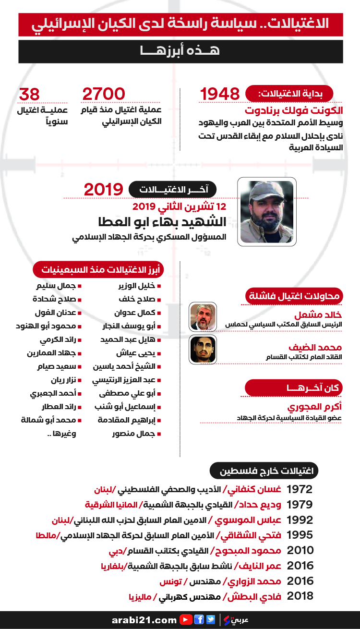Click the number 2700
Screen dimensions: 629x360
pos(104,94)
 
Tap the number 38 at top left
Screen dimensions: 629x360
pos(29,94)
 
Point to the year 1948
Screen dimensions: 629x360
pos(219,94)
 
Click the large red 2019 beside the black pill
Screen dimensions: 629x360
pos(103,189)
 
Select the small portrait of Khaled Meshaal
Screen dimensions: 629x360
pos(203,316)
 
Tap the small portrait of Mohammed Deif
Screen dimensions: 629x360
pos(203,349)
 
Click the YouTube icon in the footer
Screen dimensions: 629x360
pos(186,619)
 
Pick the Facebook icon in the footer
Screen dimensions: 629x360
pos(199,619)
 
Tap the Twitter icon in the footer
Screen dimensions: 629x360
pos(211,619)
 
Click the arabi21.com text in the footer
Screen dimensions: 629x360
pos(145,620)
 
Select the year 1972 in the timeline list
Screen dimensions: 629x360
pos(300,489)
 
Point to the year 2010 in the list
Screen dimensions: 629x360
pos(300,550)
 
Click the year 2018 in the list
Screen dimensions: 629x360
pos(300,596)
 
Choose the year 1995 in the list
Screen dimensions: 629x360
pos(300,535)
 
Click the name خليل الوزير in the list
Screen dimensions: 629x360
pos(137,286)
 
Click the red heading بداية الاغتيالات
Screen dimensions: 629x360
pos(290,93)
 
